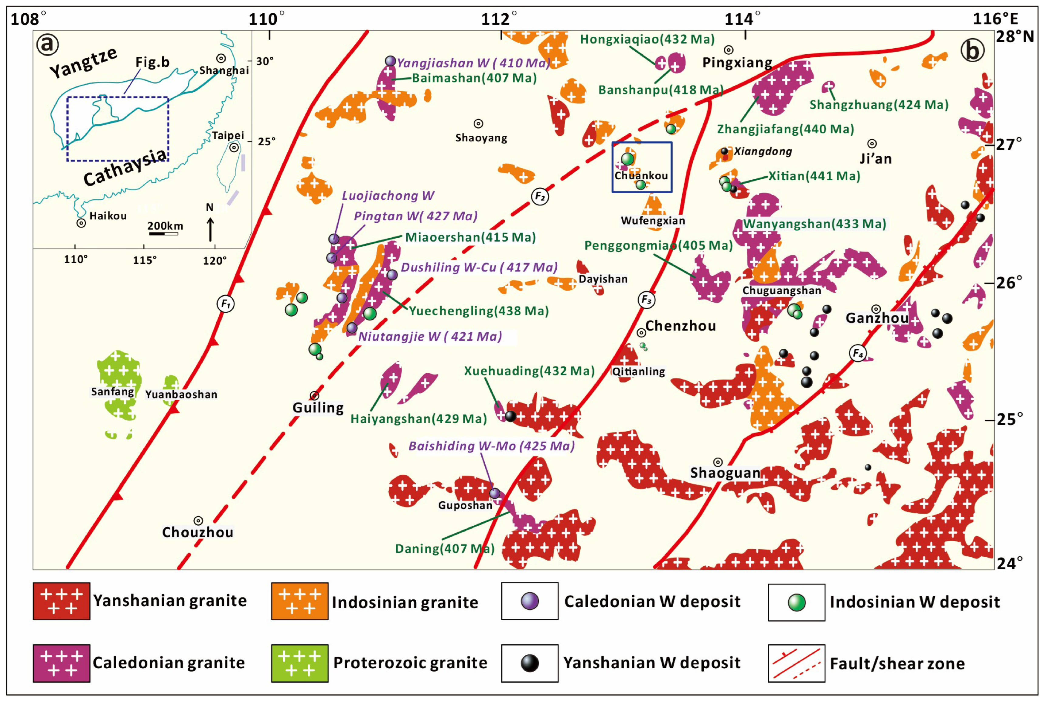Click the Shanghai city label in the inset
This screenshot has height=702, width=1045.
click(x=224, y=70)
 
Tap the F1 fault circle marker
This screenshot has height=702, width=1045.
click(x=226, y=304)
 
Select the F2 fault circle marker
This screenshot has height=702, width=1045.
click(x=540, y=197)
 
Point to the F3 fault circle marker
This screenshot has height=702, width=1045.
click(x=646, y=300)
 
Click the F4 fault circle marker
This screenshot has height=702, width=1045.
click(x=858, y=353)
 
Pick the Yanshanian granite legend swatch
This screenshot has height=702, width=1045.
click(x=61, y=601)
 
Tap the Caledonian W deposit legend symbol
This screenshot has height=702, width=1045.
click(x=529, y=601)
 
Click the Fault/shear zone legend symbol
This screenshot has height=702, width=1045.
click(x=796, y=663)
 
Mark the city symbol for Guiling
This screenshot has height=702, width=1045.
click(x=314, y=395)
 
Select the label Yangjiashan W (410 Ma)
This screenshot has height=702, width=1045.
click(x=473, y=63)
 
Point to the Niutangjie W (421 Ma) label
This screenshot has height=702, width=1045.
click(x=430, y=336)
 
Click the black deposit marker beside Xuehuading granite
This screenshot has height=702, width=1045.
click(x=510, y=416)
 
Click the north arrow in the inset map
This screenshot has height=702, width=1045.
click(x=210, y=228)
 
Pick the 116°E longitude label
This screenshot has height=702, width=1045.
click(x=995, y=19)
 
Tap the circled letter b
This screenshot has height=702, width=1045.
click(x=972, y=50)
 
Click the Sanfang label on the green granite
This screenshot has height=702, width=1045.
click(x=112, y=392)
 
